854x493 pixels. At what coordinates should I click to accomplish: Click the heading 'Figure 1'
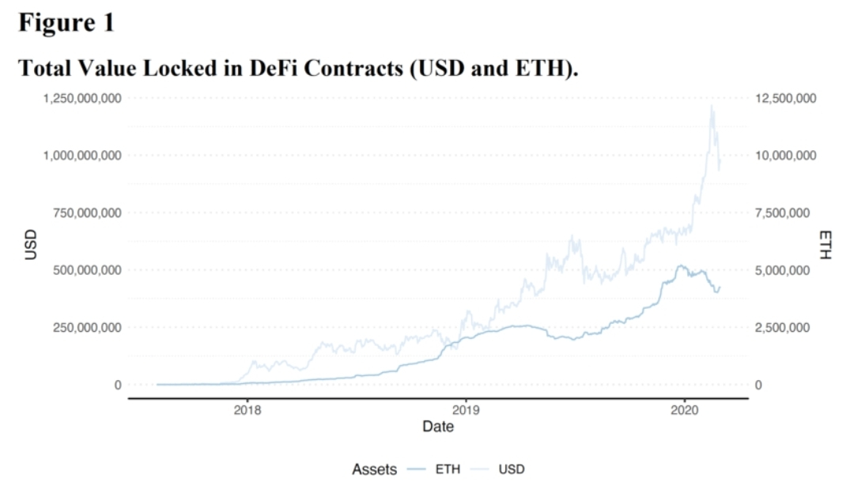pyautogui.click(x=66, y=22)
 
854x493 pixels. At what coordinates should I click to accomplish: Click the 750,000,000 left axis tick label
pyautogui.click(x=83, y=213)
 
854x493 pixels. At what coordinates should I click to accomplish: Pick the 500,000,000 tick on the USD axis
pyautogui.click(x=83, y=270)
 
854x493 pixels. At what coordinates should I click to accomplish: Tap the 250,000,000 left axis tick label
pyautogui.click(x=83, y=327)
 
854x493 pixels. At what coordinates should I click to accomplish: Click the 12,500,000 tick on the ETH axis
pyautogui.click(x=784, y=98)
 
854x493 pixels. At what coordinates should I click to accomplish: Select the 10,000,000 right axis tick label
pyautogui.click(x=784, y=156)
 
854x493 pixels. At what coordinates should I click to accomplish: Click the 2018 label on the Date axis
pyautogui.click(x=248, y=411)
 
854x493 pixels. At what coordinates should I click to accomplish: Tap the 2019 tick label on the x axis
pyautogui.click(x=466, y=411)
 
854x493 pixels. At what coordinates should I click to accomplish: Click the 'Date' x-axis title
pyautogui.click(x=437, y=427)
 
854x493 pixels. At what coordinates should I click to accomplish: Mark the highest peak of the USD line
pyautogui.click(x=712, y=105)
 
